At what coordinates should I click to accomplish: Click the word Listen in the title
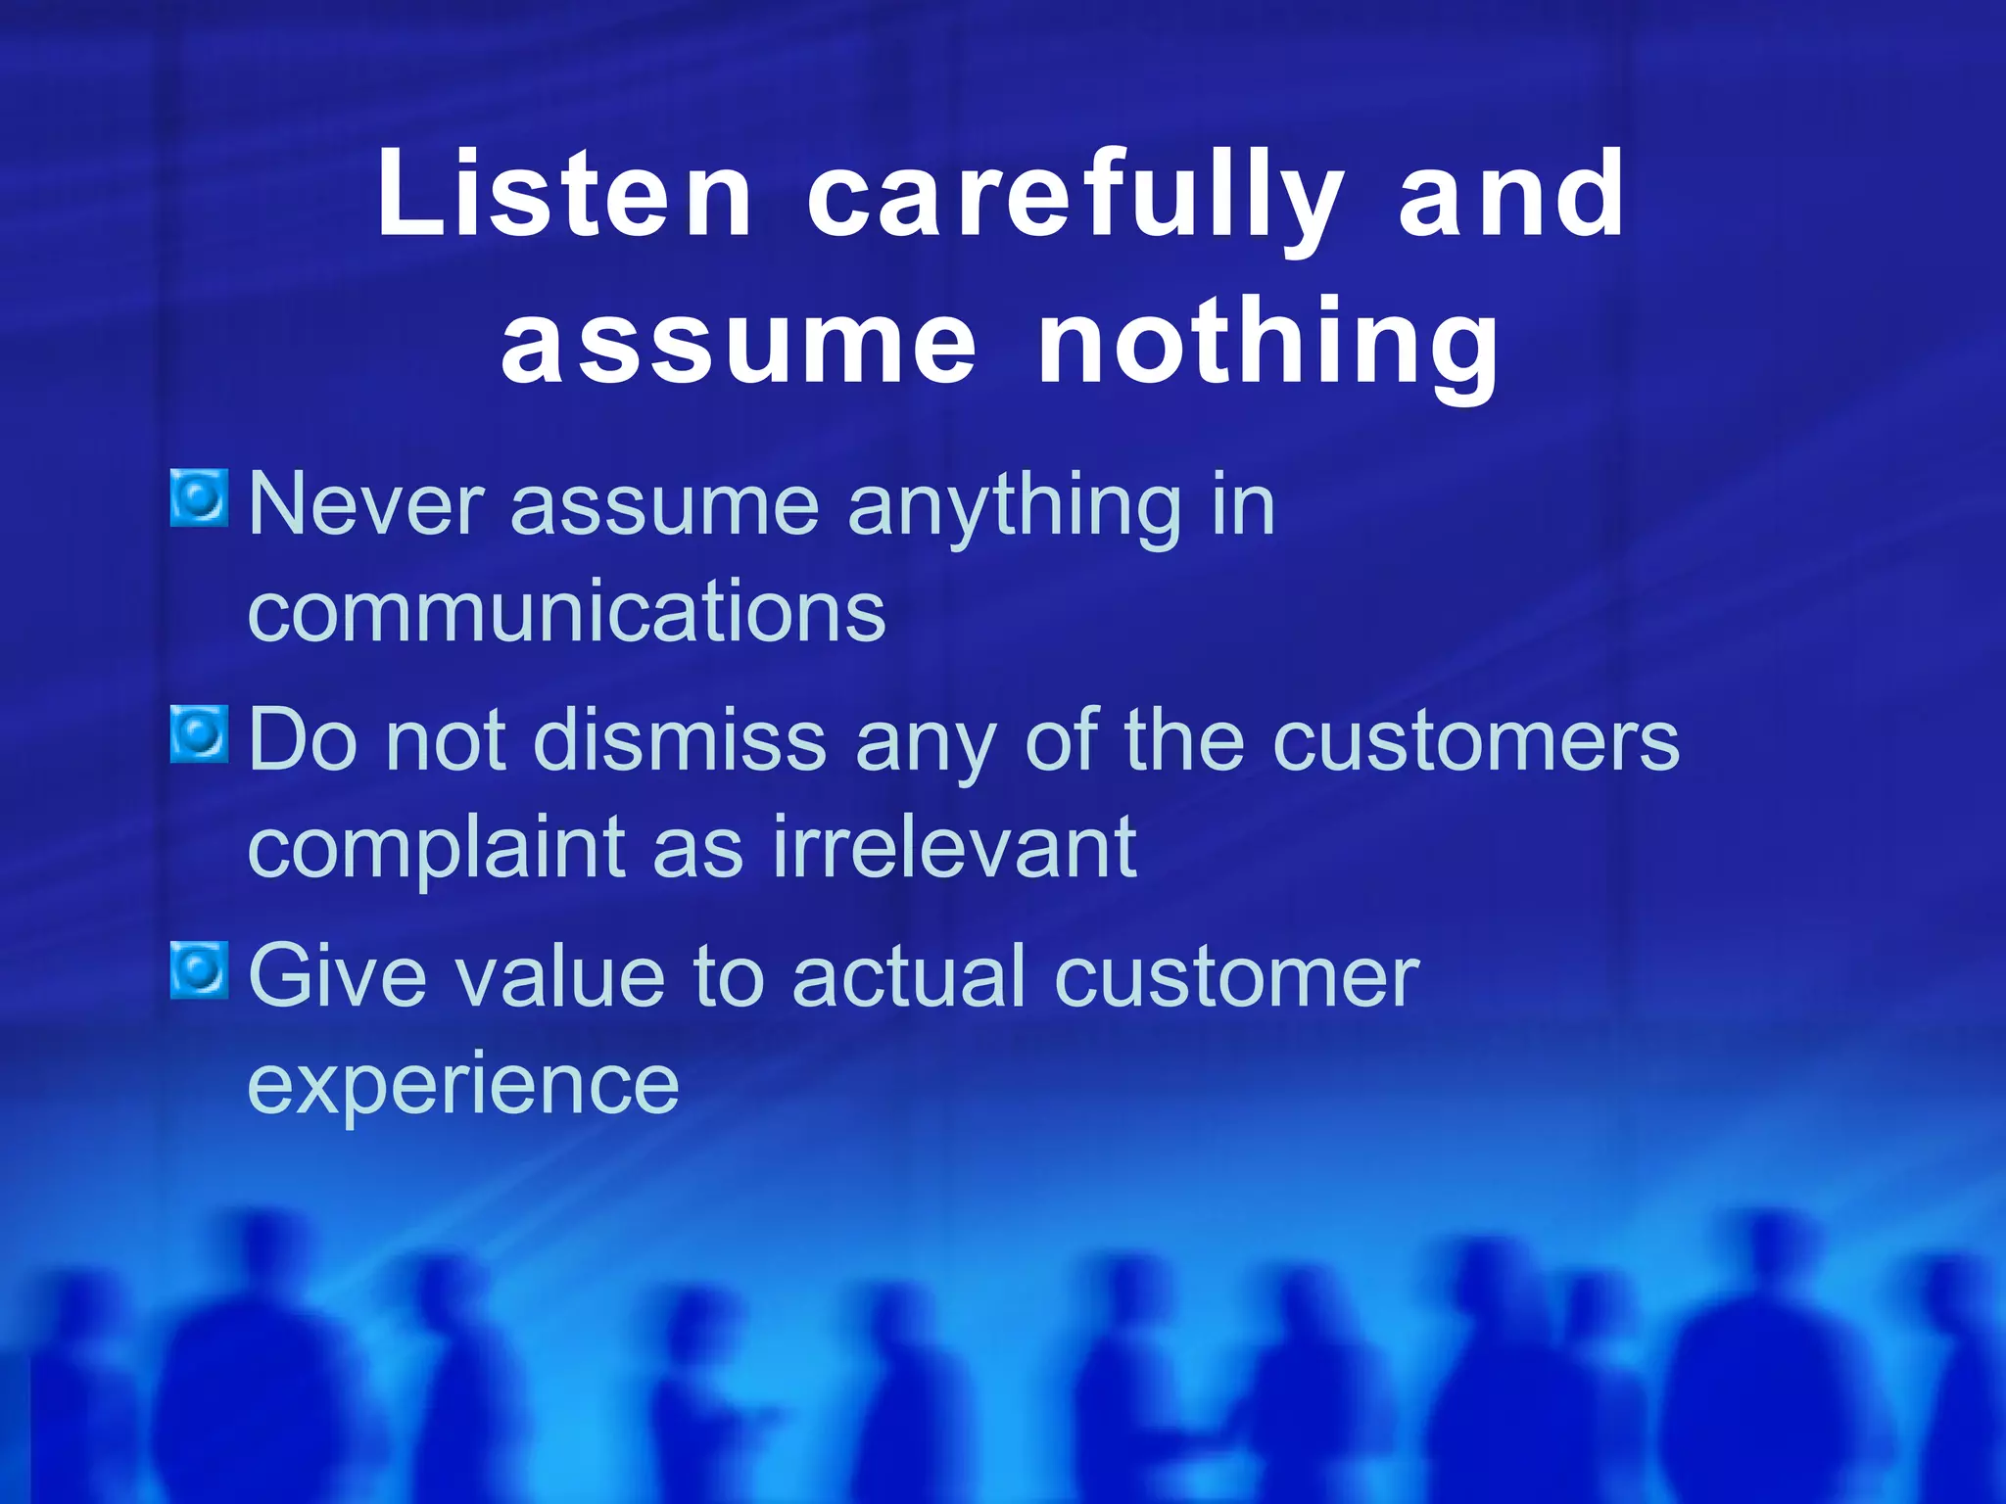564,196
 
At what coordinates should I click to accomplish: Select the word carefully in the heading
1075,196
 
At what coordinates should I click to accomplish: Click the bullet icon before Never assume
199,497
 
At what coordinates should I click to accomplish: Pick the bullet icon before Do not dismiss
199,733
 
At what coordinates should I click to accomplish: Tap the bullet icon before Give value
199,969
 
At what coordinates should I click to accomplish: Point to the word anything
1014,506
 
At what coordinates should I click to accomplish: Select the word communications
566,612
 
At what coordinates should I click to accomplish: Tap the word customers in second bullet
1475,742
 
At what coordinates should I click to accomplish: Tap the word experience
462,1085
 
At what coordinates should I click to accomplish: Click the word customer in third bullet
1236,977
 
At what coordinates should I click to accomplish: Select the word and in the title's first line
1510,196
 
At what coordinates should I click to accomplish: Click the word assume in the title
739,343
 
